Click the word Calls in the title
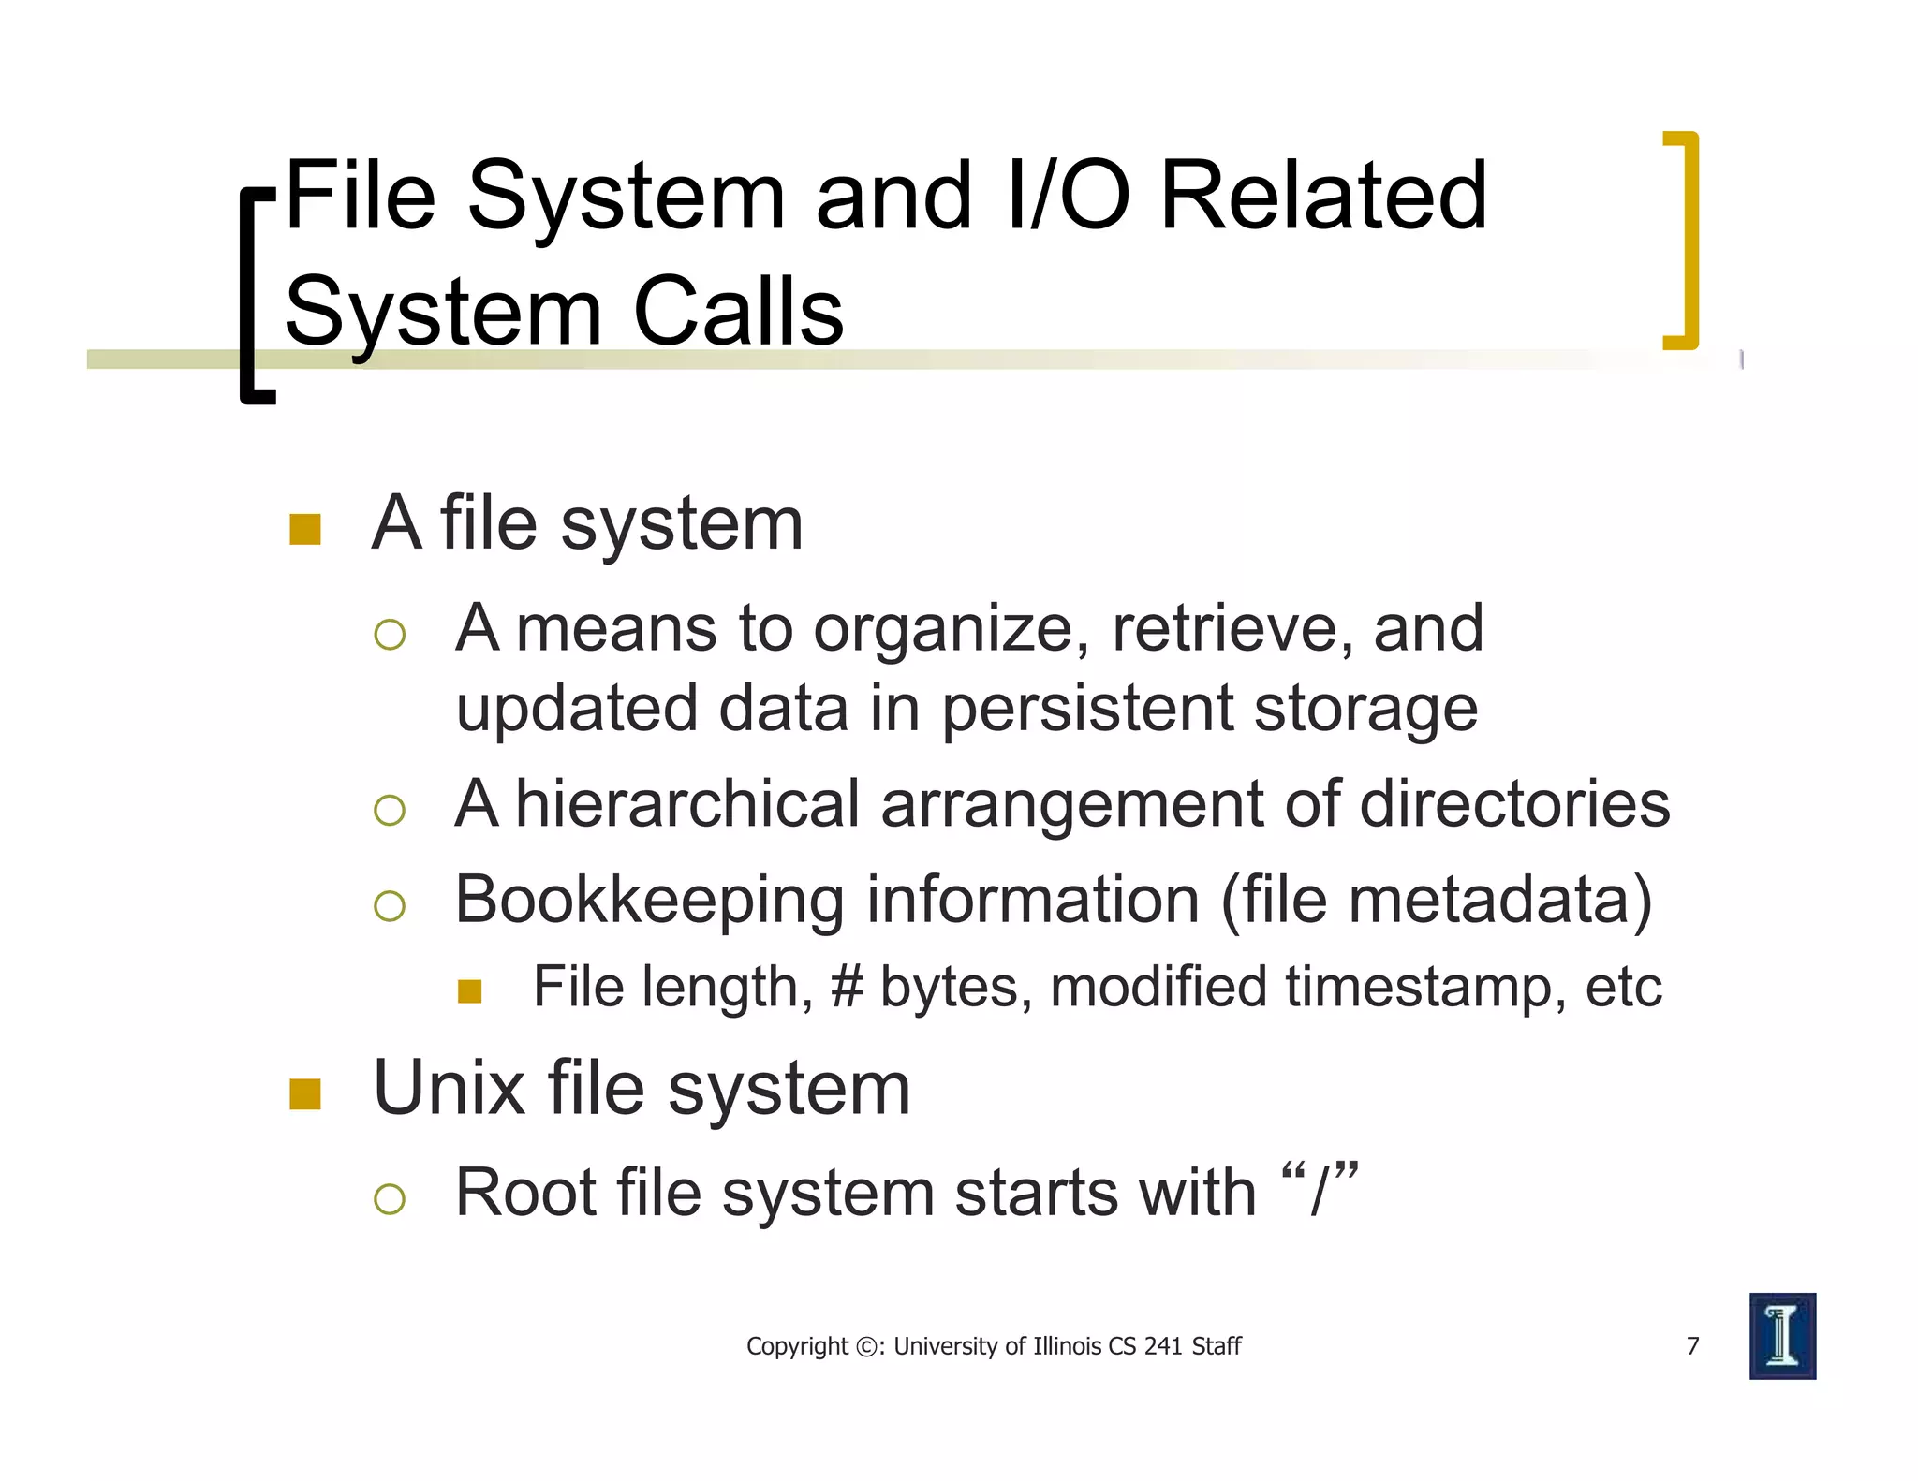pos(738,311)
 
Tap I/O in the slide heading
pos(1068,196)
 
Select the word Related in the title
pos(1323,196)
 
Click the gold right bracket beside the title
pos(1684,241)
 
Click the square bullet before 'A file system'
pos(305,529)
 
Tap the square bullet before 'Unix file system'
pos(305,1093)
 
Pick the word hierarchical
pos(687,804)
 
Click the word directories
pos(1514,804)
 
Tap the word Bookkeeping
pos(649,901)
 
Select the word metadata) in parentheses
pos(1500,901)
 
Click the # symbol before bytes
pos(847,987)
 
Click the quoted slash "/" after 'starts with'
pos(1320,1191)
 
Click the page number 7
pos(1692,1345)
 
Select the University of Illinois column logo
pos(1781,1336)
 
